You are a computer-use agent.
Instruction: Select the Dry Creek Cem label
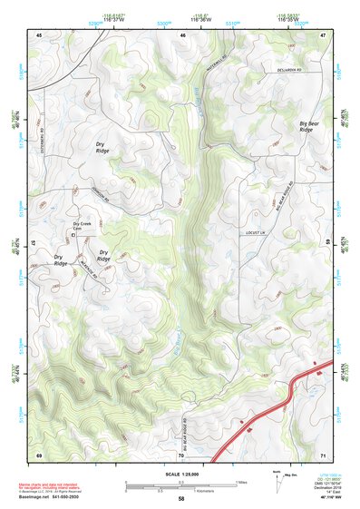pos(83,225)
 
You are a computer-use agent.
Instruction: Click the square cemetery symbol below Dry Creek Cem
pos(75,236)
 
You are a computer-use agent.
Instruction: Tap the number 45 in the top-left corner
pos(40,34)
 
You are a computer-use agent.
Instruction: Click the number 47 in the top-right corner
pos(322,34)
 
